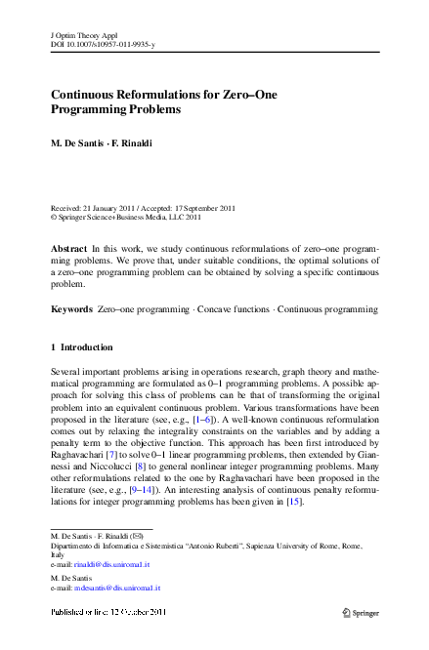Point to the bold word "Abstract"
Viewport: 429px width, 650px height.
tap(69, 250)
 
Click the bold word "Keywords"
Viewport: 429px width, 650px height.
tap(71, 309)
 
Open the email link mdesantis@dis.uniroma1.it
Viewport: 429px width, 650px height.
tap(116, 589)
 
